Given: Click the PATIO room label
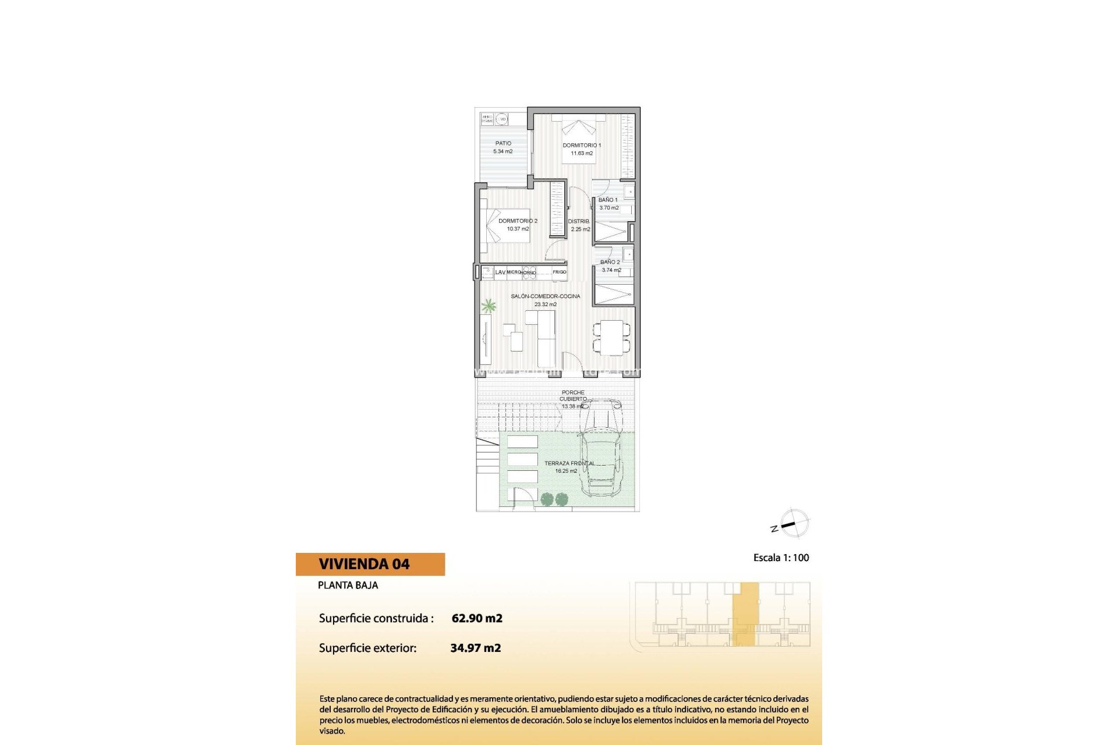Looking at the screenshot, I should tap(503, 143).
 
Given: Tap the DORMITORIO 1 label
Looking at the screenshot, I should tap(582, 146).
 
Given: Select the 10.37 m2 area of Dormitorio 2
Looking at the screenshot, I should tap(518, 229).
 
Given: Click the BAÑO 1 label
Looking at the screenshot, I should tap(608, 200).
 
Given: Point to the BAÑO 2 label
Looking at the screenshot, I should tap(610, 262).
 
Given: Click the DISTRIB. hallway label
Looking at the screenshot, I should tap(579, 221).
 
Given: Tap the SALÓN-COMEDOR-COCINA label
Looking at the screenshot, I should tap(546, 296).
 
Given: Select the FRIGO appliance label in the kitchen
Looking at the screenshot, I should tap(559, 272).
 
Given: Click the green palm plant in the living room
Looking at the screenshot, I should tap(489, 306).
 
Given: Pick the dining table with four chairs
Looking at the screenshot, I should tap(611, 338).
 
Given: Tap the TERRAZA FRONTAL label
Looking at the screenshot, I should tap(569, 463).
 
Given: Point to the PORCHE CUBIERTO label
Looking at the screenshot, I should tap(574, 396).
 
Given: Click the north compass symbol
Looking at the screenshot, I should tap(793, 523).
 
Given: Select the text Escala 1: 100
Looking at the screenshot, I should tap(781, 558).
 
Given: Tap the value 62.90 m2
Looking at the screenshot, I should tap(477, 618).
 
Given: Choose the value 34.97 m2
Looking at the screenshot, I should tap(476, 648).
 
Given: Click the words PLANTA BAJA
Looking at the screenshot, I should tap(348, 585).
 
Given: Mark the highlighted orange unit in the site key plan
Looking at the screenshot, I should tap(745, 614).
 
